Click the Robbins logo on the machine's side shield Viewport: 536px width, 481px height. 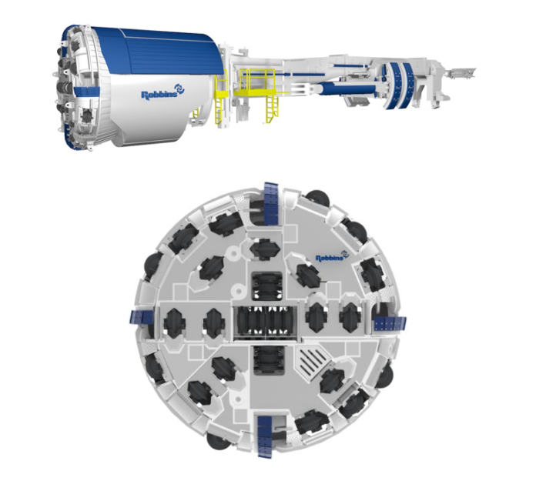pos(163,92)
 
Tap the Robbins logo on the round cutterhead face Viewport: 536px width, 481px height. pos(332,256)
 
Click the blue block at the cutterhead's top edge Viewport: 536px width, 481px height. pos(271,203)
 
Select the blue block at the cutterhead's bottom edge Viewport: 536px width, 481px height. pos(264,436)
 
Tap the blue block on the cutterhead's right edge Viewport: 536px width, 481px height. pos(390,322)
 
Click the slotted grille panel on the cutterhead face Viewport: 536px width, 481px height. pos(311,362)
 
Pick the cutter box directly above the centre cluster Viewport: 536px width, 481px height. pos(267,286)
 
